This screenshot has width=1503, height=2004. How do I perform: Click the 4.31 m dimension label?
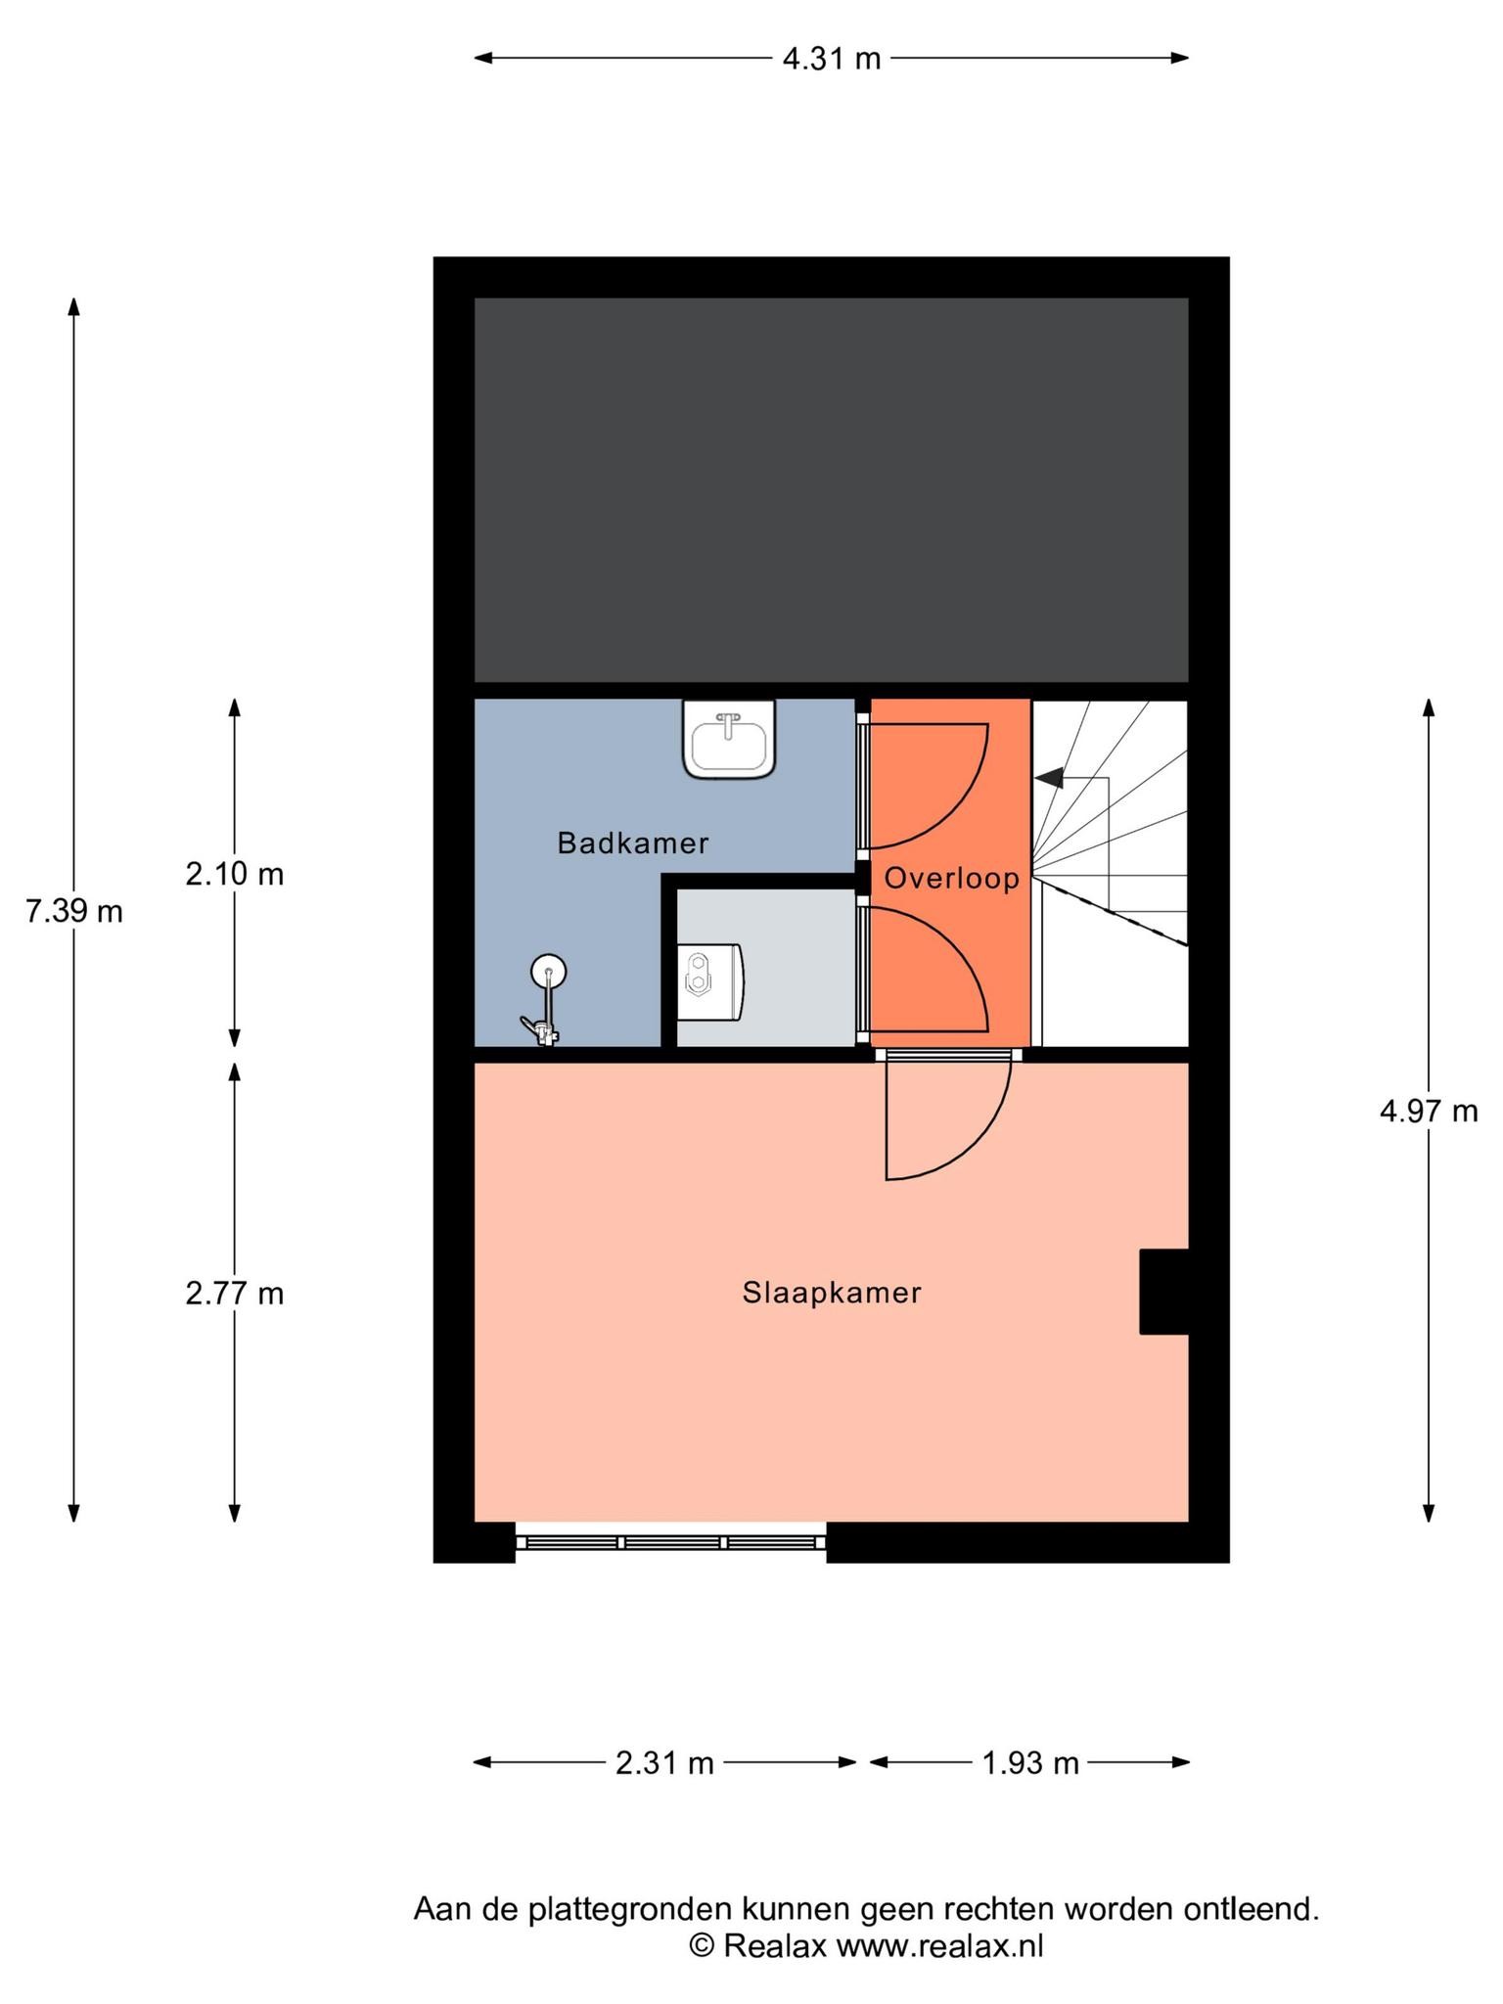[831, 59]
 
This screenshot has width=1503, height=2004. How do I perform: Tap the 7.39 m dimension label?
[74, 911]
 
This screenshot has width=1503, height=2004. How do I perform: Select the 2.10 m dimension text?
[235, 873]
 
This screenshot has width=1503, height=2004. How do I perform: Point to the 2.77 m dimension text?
[235, 1294]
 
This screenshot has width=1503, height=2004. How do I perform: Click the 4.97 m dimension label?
[1429, 1111]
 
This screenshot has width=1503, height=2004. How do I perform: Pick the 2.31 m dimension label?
[664, 1763]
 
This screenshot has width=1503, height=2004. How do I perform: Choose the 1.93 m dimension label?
[1030, 1763]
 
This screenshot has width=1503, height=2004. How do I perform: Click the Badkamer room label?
[632, 843]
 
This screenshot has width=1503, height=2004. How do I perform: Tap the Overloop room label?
[952, 879]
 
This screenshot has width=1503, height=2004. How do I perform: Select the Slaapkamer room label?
[832, 1293]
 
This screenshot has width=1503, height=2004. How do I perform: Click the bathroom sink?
[729, 739]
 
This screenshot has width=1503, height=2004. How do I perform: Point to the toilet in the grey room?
[711, 980]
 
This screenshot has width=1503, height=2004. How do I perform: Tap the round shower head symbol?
[548, 972]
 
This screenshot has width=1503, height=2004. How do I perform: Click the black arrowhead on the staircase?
[1049, 778]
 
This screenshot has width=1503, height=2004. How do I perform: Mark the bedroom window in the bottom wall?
[670, 1542]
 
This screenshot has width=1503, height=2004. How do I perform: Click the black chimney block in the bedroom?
[1163, 1292]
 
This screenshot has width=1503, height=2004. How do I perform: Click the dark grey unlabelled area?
[831, 489]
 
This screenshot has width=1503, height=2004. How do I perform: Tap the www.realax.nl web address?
[939, 1945]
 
